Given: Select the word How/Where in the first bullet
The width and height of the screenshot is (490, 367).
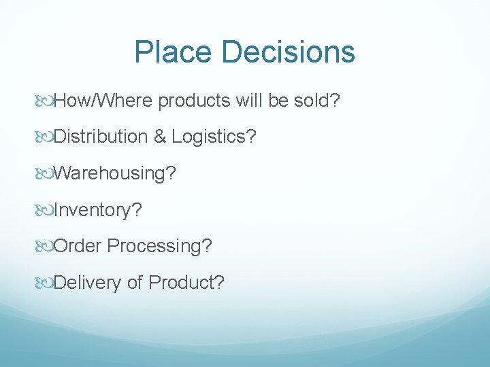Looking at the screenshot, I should tap(103, 101).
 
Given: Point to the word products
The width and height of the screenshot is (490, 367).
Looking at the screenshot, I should tap(196, 101).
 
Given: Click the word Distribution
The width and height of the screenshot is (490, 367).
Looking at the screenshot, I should tap(100, 137).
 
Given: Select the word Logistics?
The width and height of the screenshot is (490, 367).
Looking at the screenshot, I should tap(214, 137).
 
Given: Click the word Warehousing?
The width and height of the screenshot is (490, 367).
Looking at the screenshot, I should tap(114, 173).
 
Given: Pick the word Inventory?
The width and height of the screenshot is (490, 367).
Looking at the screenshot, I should tap(97, 210).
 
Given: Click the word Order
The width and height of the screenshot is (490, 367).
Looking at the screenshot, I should tap(77, 245).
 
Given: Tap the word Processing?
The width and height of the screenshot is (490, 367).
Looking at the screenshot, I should tap(159, 245).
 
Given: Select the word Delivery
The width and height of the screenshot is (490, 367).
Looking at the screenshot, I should tap(87, 282).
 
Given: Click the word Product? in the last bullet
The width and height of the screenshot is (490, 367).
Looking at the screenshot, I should tap(186, 282).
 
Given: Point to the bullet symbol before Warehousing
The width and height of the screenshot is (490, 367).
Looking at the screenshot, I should tap(45, 173).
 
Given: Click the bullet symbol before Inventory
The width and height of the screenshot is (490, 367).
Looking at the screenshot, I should tap(45, 210).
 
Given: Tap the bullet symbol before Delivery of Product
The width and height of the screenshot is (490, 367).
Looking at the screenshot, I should tap(45, 282).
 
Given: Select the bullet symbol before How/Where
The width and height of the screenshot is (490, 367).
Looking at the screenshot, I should tap(45, 101).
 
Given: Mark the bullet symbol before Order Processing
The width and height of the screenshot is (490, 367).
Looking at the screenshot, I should tap(45, 245).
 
